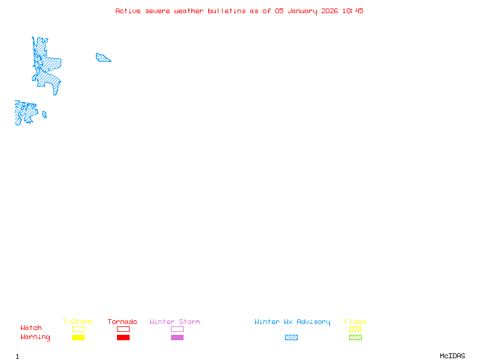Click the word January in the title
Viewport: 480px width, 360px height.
pyautogui.click(x=302, y=11)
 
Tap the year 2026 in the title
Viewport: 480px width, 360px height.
pyautogui.click(x=329, y=11)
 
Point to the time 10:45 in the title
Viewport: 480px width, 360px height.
pyautogui.click(x=353, y=11)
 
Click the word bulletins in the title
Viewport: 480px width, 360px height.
pyautogui.click(x=227, y=11)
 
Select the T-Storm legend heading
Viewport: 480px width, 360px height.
pyautogui.click(x=77, y=322)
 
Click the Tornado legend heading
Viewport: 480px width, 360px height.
pyautogui.click(x=122, y=322)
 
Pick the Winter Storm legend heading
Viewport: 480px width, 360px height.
pyautogui.click(x=175, y=322)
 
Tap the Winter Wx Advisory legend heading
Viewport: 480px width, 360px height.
pyautogui.click(x=292, y=322)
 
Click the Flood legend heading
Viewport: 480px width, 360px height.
pyautogui.click(x=355, y=322)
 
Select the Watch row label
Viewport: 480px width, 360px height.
pyautogui.click(x=31, y=328)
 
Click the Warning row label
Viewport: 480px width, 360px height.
pyautogui.click(x=35, y=337)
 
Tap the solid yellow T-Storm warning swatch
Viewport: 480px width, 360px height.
pyautogui.click(x=79, y=337)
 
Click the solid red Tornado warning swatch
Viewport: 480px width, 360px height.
pyautogui.click(x=124, y=337)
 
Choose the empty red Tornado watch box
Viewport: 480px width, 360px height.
pyautogui.click(x=124, y=326)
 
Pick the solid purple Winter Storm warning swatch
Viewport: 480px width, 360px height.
pyautogui.click(x=177, y=337)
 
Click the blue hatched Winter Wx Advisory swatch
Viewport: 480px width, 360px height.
pyautogui.click(x=291, y=337)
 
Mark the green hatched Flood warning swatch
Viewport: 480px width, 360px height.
pyautogui.click(x=355, y=337)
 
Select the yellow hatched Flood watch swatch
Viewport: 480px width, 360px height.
pyautogui.click(x=355, y=329)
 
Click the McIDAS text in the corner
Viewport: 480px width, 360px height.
pyautogui.click(x=452, y=356)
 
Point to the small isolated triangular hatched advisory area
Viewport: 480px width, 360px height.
pyautogui.click(x=103, y=58)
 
